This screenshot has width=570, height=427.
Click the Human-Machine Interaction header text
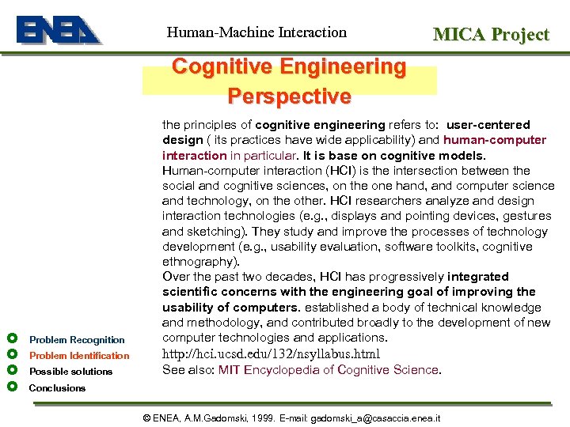click(x=256, y=32)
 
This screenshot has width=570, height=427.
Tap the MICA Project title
click(x=490, y=34)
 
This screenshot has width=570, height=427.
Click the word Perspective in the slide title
click(x=289, y=96)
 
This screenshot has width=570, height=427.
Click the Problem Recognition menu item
click(x=77, y=340)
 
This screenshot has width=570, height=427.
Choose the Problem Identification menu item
click(x=79, y=356)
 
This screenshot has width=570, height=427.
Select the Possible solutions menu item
click(x=70, y=372)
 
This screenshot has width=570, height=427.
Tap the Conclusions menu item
click(x=57, y=388)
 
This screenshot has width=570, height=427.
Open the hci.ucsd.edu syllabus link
click(x=271, y=354)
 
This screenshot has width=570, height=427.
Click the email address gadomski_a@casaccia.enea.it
click(x=375, y=418)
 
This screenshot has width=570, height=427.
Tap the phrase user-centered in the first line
click(x=488, y=125)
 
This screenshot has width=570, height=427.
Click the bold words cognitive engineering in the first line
click(x=320, y=125)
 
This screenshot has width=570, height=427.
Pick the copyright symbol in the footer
click(x=146, y=418)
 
